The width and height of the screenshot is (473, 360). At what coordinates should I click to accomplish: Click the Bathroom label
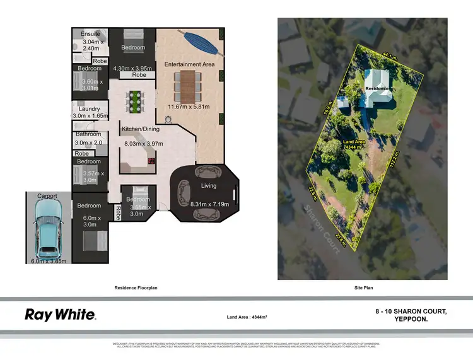tap(88, 134)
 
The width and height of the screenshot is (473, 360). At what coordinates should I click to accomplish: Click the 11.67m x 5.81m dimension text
tap(187, 107)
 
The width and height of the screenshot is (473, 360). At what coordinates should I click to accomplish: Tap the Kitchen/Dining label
tap(140, 129)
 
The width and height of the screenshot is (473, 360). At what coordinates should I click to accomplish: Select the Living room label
tap(208, 185)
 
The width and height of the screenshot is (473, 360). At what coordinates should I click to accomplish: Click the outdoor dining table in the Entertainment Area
tap(187, 85)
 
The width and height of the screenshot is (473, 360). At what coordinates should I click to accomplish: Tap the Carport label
tap(47, 196)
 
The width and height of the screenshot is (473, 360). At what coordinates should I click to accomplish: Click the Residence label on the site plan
tap(377, 89)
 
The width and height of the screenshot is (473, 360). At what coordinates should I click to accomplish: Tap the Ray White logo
tap(60, 315)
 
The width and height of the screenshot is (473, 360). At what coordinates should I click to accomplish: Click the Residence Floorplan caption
tap(136, 287)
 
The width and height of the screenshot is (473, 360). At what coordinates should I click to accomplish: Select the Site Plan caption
tap(364, 287)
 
